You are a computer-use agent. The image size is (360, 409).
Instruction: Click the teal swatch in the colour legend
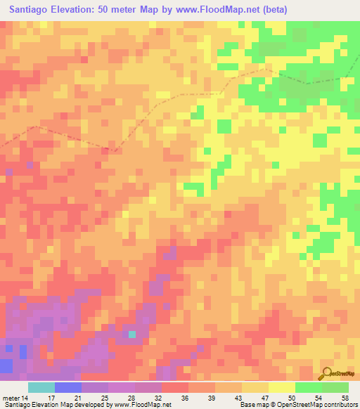coord(41,387)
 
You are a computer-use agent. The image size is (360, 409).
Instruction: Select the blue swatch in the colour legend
coord(68,387)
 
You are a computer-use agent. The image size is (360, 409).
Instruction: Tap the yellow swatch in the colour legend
coord(282,387)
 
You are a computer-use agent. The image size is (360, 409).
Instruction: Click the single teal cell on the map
coord(131,335)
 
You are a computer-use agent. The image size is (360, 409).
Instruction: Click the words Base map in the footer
coord(253,404)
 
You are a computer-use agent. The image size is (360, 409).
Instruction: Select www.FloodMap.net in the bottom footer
coord(139,404)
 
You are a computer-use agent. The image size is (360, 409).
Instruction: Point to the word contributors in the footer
coord(338,404)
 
